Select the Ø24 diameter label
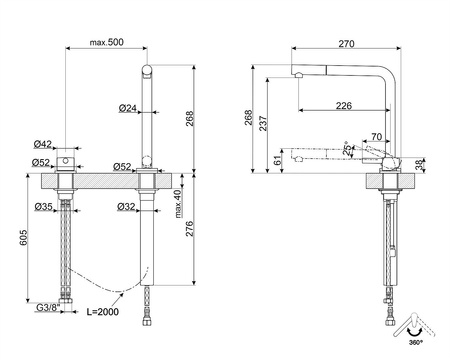(x=127, y=107)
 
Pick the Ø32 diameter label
(x=125, y=206)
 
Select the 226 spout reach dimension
(x=343, y=105)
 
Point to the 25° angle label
(x=346, y=149)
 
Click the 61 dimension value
(x=277, y=159)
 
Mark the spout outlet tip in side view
(x=297, y=76)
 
